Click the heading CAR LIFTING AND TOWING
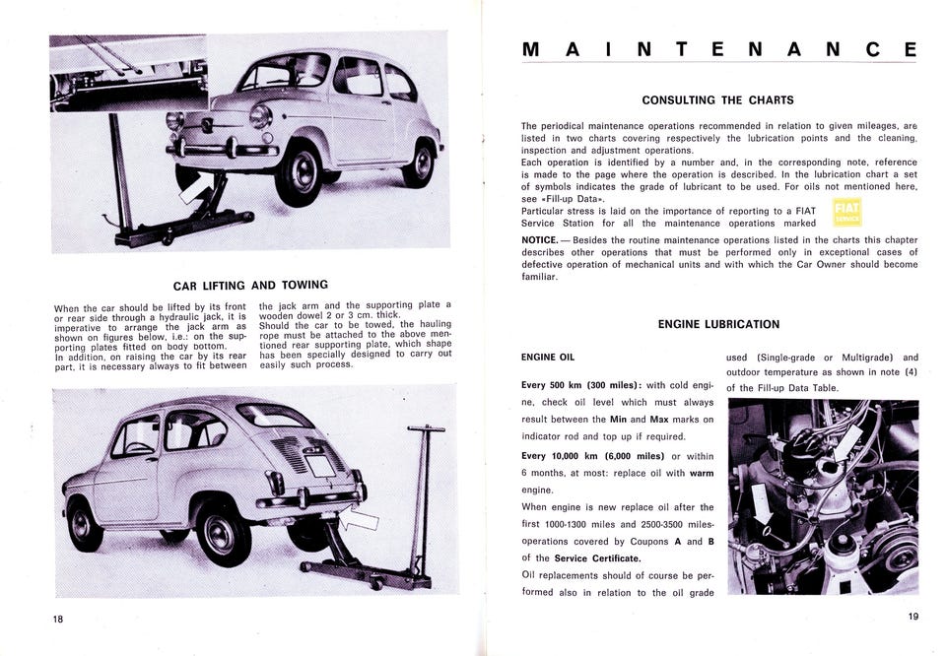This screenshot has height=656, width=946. [x=250, y=286]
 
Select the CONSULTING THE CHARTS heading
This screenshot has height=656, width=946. [x=717, y=99]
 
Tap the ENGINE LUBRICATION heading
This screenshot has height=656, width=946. [x=718, y=324]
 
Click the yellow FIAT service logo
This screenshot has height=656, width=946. [x=846, y=214]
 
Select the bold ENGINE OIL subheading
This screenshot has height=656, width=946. [x=547, y=357]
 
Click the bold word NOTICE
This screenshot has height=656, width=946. [x=541, y=239]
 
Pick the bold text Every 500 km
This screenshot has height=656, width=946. [x=557, y=384]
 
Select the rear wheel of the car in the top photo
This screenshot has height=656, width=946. [x=419, y=164]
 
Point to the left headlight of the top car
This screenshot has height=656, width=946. [x=176, y=120]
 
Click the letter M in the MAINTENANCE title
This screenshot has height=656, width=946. [x=529, y=49]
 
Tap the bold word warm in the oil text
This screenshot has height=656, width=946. [x=702, y=473]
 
